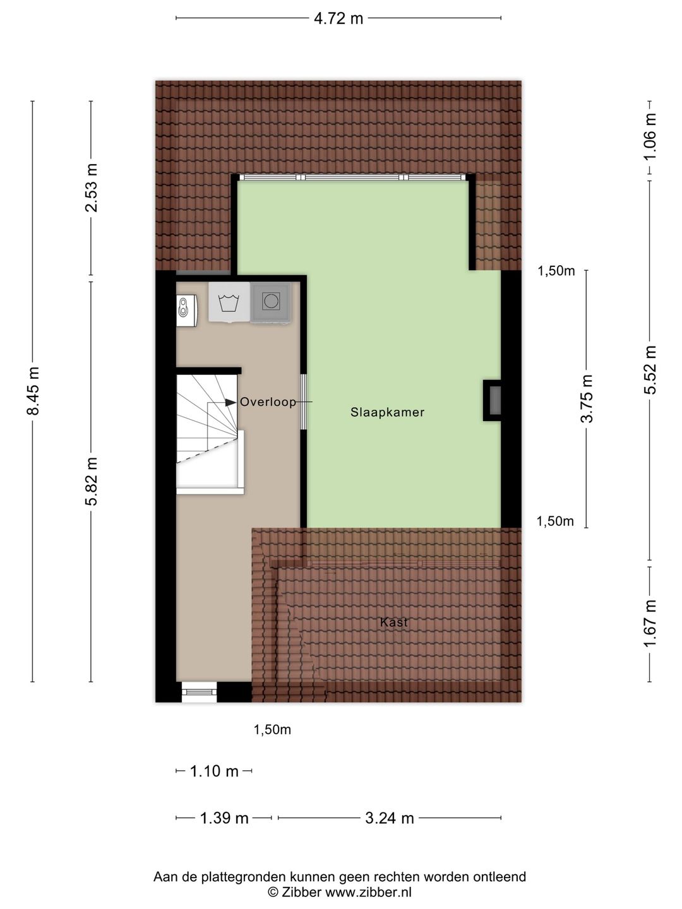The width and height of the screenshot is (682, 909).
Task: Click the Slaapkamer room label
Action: tap(387, 413)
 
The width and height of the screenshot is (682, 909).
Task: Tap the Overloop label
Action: tap(268, 402)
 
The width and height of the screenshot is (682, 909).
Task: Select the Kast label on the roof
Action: tap(394, 622)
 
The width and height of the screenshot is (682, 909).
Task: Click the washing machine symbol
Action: tap(229, 302)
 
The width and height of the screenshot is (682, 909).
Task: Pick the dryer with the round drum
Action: tap(271, 302)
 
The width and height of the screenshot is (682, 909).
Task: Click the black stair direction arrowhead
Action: tap(230, 401)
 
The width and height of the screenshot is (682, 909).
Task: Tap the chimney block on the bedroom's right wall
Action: tap(493, 400)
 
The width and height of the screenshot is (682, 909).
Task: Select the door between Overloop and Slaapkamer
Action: tap(304, 402)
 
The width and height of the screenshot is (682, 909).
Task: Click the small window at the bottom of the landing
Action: tap(199, 692)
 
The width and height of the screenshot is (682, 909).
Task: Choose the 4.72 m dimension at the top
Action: tap(338, 18)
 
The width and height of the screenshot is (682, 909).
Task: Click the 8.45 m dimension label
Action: tap(33, 391)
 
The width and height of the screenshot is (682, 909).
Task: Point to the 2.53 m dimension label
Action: tap(92, 188)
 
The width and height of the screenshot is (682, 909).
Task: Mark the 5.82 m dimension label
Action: tap(92, 481)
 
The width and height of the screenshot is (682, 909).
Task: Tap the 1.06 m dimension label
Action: tap(650, 136)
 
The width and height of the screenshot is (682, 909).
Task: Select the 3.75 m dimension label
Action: tap(587, 399)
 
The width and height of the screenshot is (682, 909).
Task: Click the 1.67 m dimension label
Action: tap(650, 624)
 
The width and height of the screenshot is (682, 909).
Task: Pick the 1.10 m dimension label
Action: tap(214, 771)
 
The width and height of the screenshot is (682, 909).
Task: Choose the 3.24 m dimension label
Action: tap(390, 819)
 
